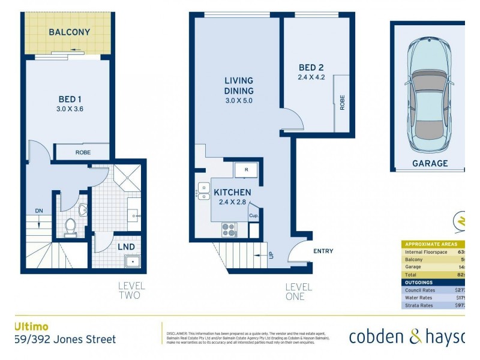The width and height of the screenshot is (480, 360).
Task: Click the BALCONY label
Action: pos(70,32)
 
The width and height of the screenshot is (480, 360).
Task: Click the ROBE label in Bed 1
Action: pos(83,152)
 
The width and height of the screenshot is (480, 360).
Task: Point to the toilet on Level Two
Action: pos(70,227)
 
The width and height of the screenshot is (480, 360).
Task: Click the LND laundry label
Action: pos(126,247)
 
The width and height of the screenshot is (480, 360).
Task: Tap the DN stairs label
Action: pos(38,211)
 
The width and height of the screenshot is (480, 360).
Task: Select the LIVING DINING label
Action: pos(239,86)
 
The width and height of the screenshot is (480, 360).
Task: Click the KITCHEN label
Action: pos(233,193)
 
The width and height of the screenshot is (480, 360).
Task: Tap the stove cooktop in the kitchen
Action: pos(229,229)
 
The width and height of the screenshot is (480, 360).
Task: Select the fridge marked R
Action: pos(246,170)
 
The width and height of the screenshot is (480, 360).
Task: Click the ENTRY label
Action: pos(323,251)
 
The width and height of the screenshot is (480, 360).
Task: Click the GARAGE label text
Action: pos(430,163)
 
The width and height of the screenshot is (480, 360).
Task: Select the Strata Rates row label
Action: pos(418,305)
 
